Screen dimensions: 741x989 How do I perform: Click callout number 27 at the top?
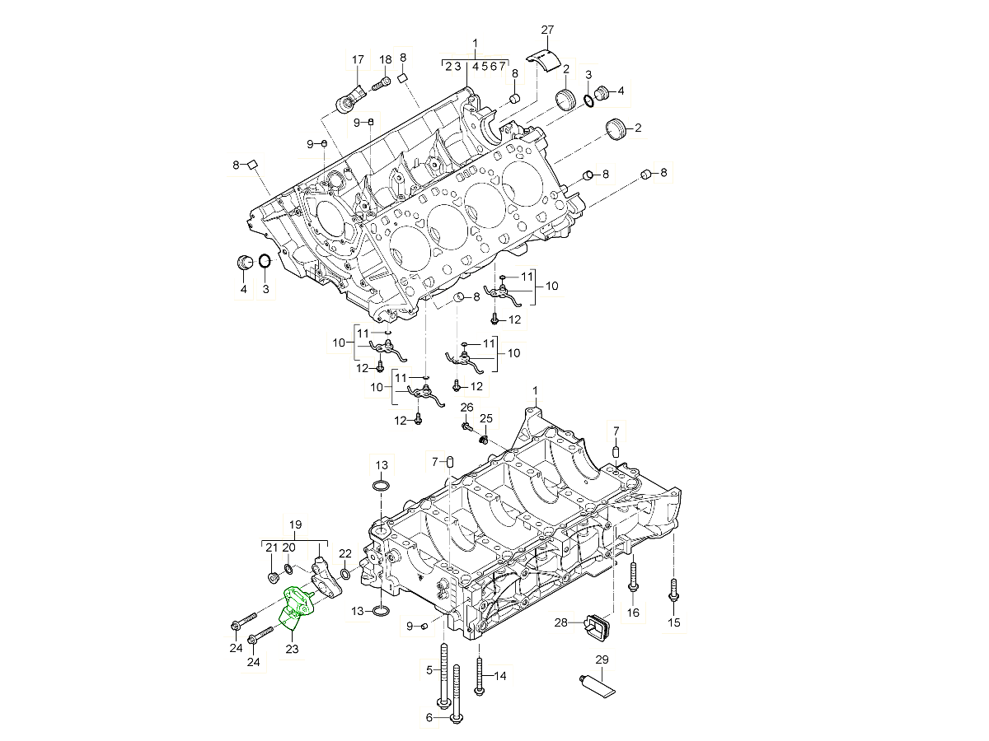click(x=547, y=30)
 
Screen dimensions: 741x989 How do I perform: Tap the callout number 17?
click(x=358, y=60)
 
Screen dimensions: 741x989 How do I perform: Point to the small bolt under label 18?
click(x=381, y=84)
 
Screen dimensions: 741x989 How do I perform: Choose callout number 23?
click(x=292, y=649)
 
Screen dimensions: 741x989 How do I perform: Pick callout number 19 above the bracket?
click(x=296, y=524)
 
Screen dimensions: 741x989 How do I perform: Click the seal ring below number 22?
click(x=345, y=573)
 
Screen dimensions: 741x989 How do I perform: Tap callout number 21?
click(x=272, y=548)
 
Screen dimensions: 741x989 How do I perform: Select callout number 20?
click(x=288, y=548)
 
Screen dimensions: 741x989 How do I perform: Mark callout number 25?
click(x=486, y=419)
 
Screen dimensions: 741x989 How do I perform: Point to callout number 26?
click(x=466, y=408)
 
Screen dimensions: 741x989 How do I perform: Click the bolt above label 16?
click(x=633, y=577)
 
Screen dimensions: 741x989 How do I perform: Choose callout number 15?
click(x=674, y=623)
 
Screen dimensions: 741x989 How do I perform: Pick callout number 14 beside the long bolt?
click(x=500, y=676)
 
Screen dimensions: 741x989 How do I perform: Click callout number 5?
click(x=429, y=670)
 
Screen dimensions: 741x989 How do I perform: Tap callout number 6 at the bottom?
click(x=429, y=718)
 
